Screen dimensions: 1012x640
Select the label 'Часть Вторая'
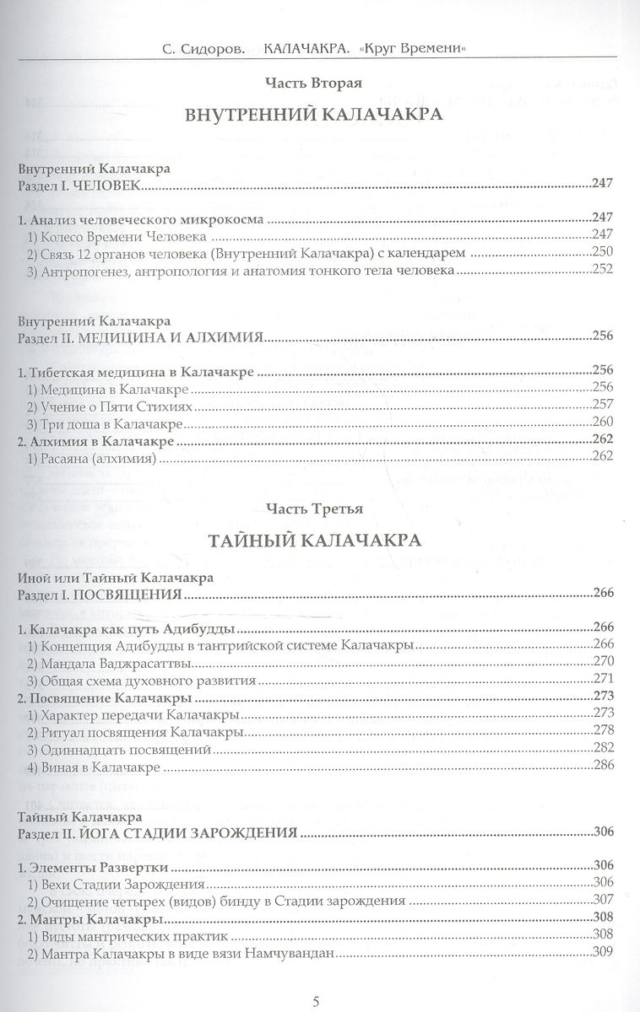(x=312, y=83)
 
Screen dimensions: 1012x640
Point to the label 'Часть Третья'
(x=312, y=509)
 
